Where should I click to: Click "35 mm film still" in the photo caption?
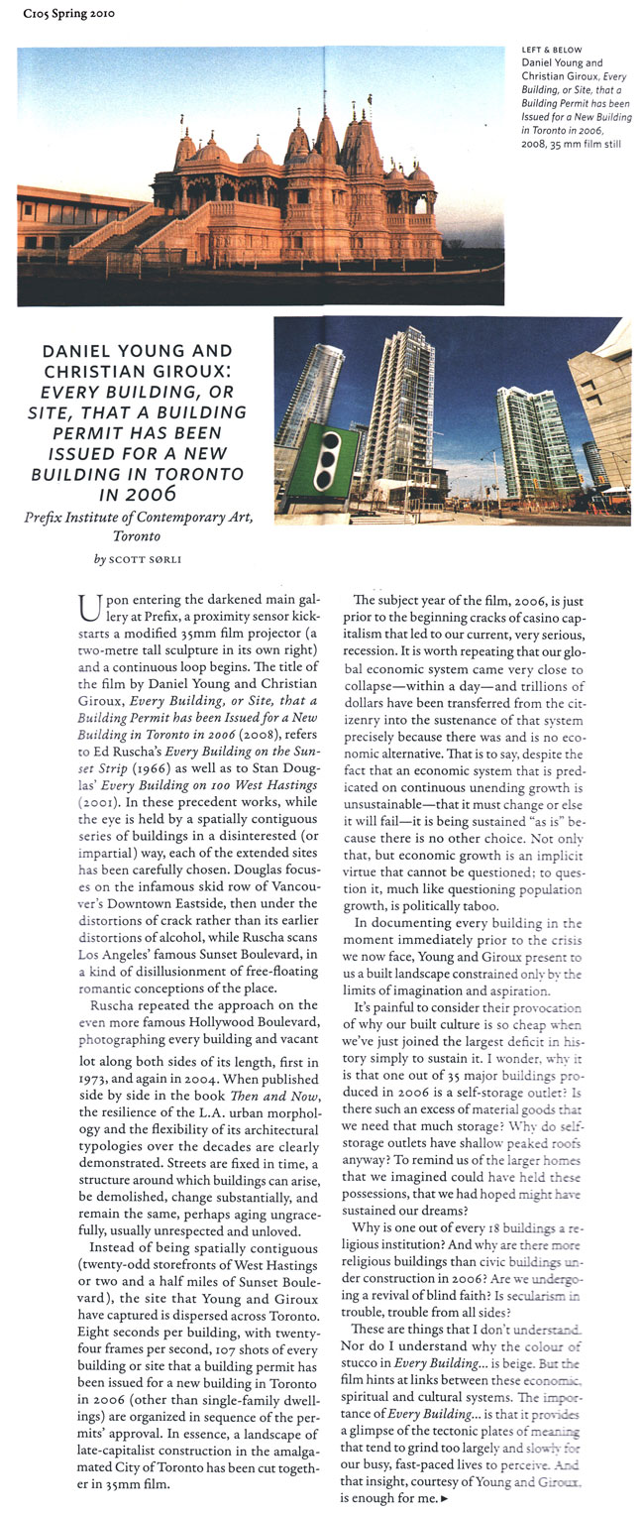tap(576, 145)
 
